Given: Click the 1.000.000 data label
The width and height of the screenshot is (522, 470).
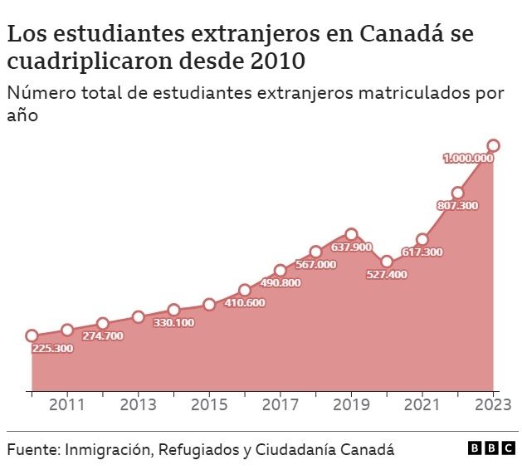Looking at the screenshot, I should pyautogui.click(x=468, y=158).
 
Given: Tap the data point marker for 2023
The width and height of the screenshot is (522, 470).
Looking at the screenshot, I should pyautogui.click(x=493, y=146).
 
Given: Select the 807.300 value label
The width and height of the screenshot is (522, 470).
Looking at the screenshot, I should pyautogui.click(x=456, y=205).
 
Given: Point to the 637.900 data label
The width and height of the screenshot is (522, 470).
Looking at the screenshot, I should pyautogui.click(x=351, y=247).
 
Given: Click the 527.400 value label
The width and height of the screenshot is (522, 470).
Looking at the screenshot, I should pyautogui.click(x=387, y=275).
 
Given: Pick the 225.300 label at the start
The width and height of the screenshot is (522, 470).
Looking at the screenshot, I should pyautogui.click(x=52, y=349).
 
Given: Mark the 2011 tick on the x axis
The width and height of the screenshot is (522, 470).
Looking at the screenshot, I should pyautogui.click(x=67, y=405).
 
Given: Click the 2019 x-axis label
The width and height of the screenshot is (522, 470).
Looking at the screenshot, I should pyautogui.click(x=351, y=405).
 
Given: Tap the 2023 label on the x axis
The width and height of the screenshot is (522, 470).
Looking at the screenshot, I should pyautogui.click(x=493, y=405).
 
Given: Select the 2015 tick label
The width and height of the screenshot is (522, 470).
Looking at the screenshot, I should pyautogui.click(x=209, y=405).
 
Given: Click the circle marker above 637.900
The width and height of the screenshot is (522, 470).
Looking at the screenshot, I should pyautogui.click(x=351, y=235).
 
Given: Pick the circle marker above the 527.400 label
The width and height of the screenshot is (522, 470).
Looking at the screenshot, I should pyautogui.click(x=387, y=262).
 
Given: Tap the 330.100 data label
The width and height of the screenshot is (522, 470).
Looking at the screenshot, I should pyautogui.click(x=173, y=323).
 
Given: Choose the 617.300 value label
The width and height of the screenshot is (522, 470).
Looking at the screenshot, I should pyautogui.click(x=422, y=252).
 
